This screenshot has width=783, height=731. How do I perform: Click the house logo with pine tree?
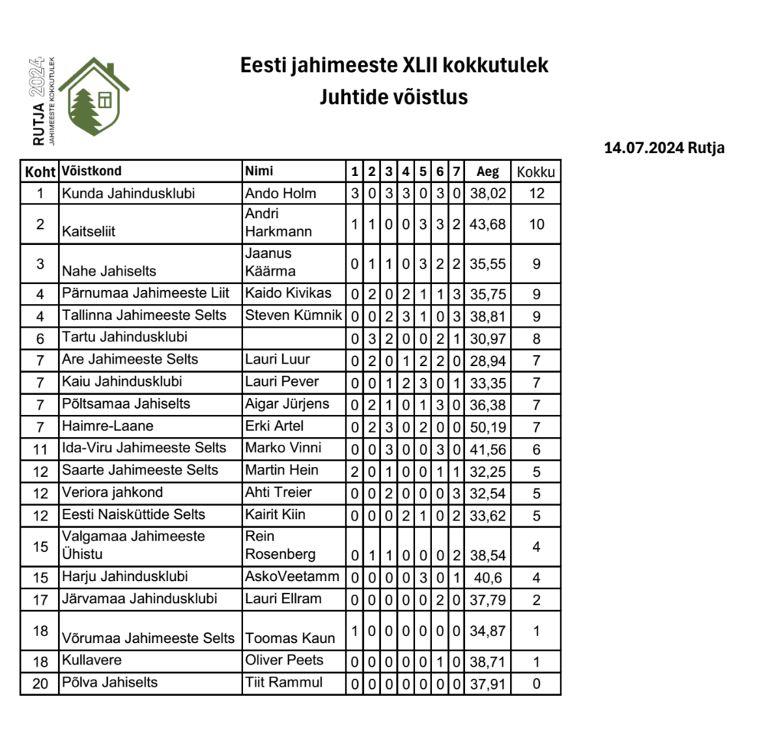point(94,97)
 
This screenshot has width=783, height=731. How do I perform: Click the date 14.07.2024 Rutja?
point(664,148)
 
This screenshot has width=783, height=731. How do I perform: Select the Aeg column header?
point(487,171)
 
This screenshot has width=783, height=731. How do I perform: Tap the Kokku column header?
point(536,171)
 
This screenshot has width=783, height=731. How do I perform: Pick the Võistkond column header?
point(91,171)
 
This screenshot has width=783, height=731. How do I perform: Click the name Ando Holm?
point(281,193)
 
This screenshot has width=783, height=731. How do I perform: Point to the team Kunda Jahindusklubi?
point(128,193)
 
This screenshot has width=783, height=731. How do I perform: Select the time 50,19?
point(487,426)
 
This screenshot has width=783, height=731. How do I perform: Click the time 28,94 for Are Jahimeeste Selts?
point(487,360)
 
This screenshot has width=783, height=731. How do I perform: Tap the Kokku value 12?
point(536,193)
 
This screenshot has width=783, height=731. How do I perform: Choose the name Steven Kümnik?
point(293,315)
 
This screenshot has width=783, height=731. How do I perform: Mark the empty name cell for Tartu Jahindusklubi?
point(293,337)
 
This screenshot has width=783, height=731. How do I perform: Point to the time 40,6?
point(487,576)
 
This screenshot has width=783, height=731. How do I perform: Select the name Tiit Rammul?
point(284,682)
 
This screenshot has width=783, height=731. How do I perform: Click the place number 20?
point(40,683)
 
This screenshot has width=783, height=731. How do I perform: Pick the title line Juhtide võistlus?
point(394,97)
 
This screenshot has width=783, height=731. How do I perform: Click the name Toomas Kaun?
point(290,638)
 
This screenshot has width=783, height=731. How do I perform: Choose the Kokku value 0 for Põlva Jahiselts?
point(536,683)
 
